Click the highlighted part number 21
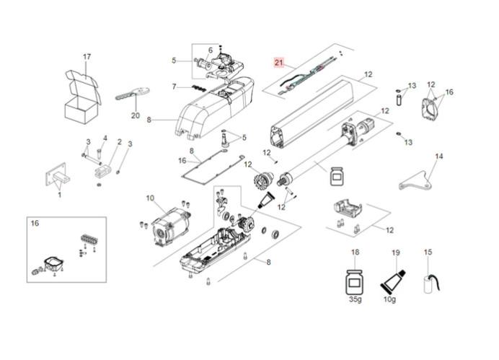[x=278, y=63]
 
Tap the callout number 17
[x=87, y=56]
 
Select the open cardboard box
[x=81, y=97]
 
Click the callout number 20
[x=135, y=115]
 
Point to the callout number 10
[x=149, y=198]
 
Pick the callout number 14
[x=439, y=156]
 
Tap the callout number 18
[x=355, y=252]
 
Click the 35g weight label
[x=355, y=297]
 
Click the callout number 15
[x=428, y=252]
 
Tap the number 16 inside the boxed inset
[x=35, y=224]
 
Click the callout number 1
[x=59, y=194]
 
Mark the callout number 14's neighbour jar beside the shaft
[x=335, y=175]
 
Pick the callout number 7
[x=174, y=87]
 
